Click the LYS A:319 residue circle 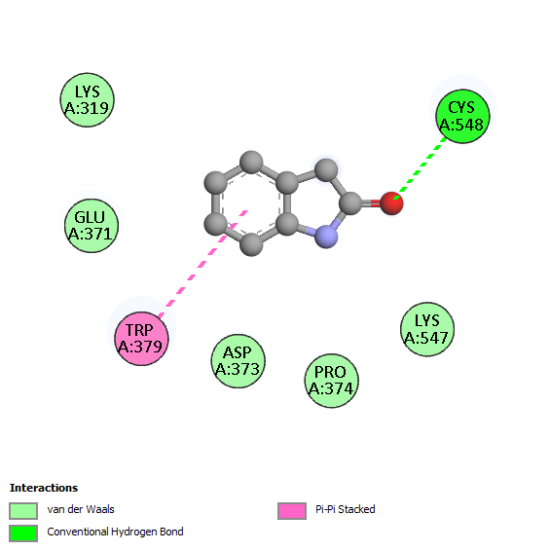(x=88, y=100)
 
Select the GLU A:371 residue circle (x=92, y=226)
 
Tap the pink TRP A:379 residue (x=141, y=339)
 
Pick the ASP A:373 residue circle (x=238, y=361)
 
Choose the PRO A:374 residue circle (x=331, y=381)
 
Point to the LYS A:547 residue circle (x=427, y=329)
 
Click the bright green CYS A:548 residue (x=462, y=116)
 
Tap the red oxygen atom (x=391, y=203)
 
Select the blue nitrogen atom (x=326, y=237)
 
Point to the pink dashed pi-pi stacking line (x=203, y=264)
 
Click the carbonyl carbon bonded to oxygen (x=350, y=203)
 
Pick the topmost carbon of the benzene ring (x=251, y=162)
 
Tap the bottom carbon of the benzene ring (x=251, y=244)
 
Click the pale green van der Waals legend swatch (x=23, y=510)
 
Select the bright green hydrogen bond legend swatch (x=23, y=533)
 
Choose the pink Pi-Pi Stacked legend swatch (x=292, y=510)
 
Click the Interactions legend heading (x=44, y=488)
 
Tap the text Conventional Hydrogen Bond (x=115, y=532)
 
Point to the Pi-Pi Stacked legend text (x=346, y=509)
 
